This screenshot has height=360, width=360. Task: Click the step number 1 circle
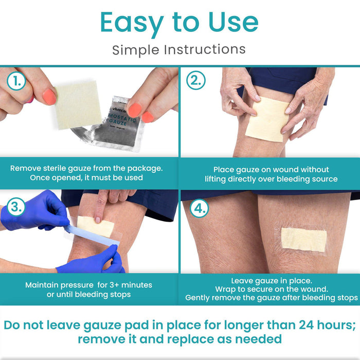[x=16, y=81]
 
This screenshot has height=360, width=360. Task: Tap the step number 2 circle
[x=195, y=80]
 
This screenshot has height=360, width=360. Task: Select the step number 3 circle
[x=16, y=207]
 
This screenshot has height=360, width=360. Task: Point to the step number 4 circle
[x=199, y=208]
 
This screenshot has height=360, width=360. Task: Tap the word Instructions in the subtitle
[x=205, y=50]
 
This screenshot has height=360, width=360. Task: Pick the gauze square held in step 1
[x=78, y=105]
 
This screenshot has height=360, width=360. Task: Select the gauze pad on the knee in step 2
[x=267, y=119]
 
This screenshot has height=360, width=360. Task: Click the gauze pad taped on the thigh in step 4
[x=303, y=240]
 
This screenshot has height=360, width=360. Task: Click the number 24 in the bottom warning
[x=307, y=325]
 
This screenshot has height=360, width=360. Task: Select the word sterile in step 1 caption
[x=55, y=168]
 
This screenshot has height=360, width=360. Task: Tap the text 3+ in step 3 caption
[x=114, y=285]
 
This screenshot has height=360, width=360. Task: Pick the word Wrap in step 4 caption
[x=224, y=289]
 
